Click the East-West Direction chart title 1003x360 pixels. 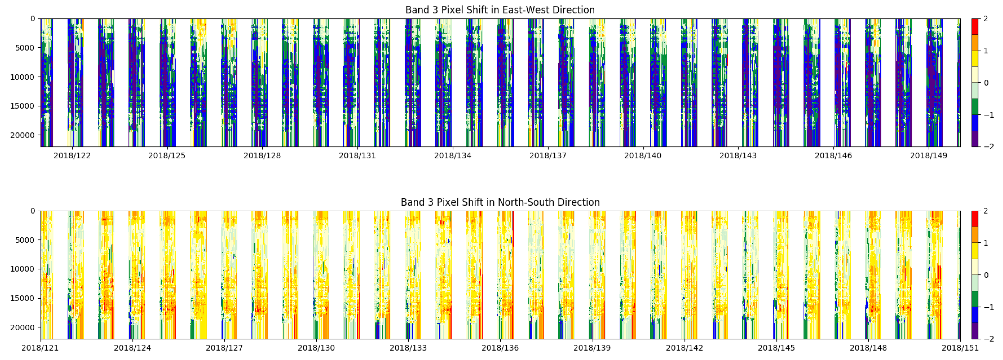pyautogui.click(x=500, y=10)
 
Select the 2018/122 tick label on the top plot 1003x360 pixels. pyautogui.click(x=72, y=156)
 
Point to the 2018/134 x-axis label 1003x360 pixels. pyautogui.click(x=452, y=156)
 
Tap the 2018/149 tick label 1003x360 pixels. pyautogui.click(x=929, y=156)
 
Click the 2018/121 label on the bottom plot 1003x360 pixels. pyautogui.click(x=40, y=348)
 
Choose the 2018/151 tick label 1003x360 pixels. pyautogui.click(x=960, y=348)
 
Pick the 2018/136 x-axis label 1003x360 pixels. pyautogui.click(x=500, y=348)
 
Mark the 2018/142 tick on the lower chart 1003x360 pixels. pyautogui.click(x=684, y=348)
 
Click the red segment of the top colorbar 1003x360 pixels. pyautogui.click(x=975, y=26)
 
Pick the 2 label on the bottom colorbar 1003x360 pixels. pyautogui.click(x=986, y=211)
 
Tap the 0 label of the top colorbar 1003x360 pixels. pyautogui.click(x=986, y=83)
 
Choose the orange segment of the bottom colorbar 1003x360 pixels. pyautogui.click(x=975, y=235)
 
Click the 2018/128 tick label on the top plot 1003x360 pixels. pyautogui.click(x=262, y=156)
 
